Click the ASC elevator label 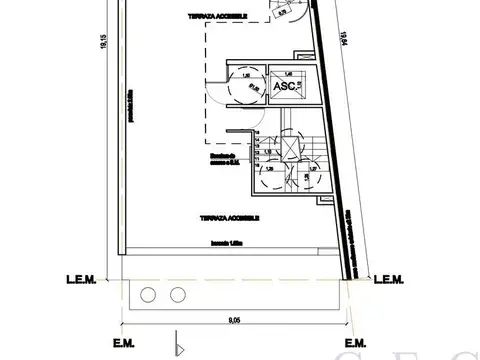tap(283, 87)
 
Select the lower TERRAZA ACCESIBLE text tap(231, 217)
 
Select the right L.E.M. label tap(387, 281)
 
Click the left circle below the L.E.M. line tap(150, 295)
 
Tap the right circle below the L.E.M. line tap(178, 295)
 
